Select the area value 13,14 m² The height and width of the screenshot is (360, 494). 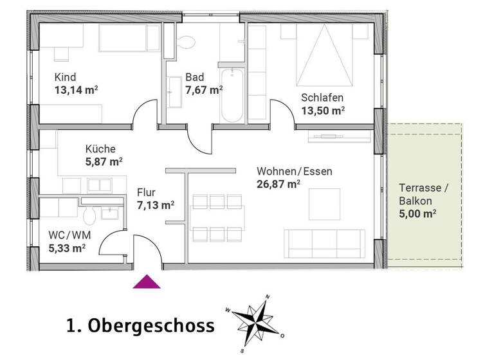click(76, 90)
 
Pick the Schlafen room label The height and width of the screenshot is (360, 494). click(322, 98)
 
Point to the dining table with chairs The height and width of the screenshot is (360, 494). click(217, 216)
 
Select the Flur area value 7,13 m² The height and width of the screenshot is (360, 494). click(156, 205)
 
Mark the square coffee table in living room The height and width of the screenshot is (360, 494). click(324, 204)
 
